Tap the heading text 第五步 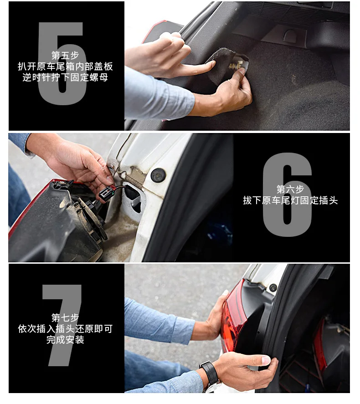[65, 55]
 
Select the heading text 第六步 [290, 189]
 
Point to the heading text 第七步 [65, 317]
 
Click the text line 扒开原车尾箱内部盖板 [65, 66]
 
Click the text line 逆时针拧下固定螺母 [65, 77]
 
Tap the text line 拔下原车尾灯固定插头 [290, 200]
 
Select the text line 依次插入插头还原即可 [65, 329]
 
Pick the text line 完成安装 [65, 340]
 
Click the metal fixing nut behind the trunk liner [236, 66]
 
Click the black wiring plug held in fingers [107, 193]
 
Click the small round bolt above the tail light [273, 287]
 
